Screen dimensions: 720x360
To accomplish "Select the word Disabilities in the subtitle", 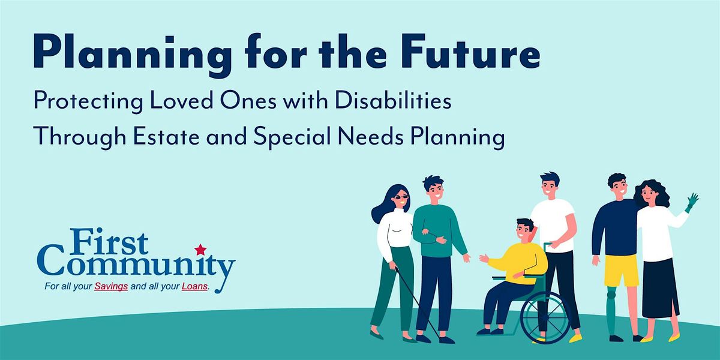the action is (x=393, y=101).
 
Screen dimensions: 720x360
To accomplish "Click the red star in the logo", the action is (x=200, y=250).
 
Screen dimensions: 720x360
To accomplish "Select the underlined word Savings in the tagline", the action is (x=111, y=286).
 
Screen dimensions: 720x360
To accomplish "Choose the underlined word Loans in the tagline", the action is (x=194, y=286).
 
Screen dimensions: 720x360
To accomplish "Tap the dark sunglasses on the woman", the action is (x=401, y=197).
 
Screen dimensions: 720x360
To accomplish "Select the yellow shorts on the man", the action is (x=621, y=270).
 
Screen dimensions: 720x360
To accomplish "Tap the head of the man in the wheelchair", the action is (x=525, y=229).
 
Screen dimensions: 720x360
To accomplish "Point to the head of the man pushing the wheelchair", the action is (x=550, y=184).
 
